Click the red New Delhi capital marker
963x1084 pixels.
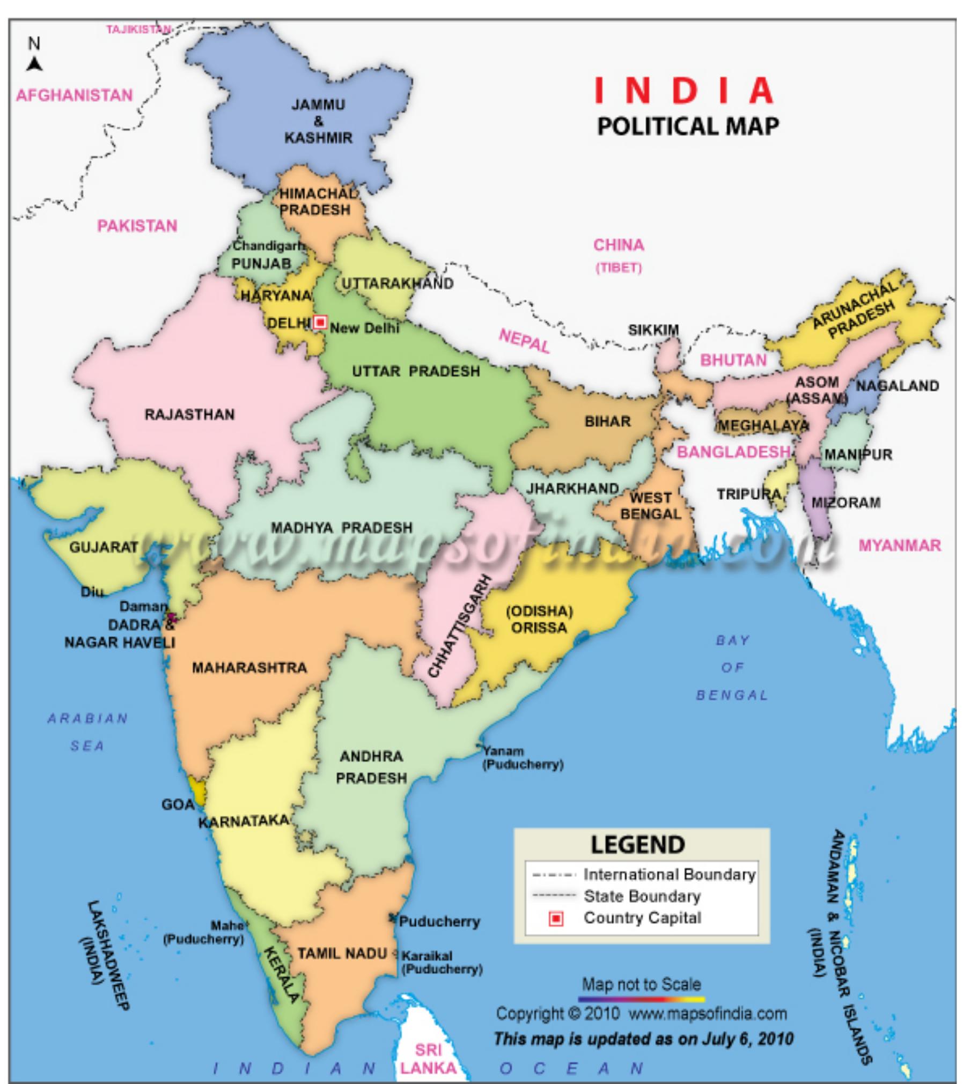(x=320, y=322)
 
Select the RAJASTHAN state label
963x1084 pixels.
(x=189, y=415)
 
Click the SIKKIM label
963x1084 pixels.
(x=653, y=330)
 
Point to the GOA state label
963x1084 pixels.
(x=178, y=805)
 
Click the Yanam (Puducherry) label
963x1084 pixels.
(x=523, y=758)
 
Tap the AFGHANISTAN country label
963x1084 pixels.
(x=74, y=95)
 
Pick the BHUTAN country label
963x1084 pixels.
(x=733, y=360)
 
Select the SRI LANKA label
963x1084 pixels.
(x=428, y=1058)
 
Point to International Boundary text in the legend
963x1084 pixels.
(x=669, y=875)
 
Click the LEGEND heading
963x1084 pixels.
(x=637, y=845)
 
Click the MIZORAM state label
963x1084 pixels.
(x=846, y=503)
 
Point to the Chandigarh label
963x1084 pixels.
(x=268, y=246)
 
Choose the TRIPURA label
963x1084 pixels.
(x=748, y=494)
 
